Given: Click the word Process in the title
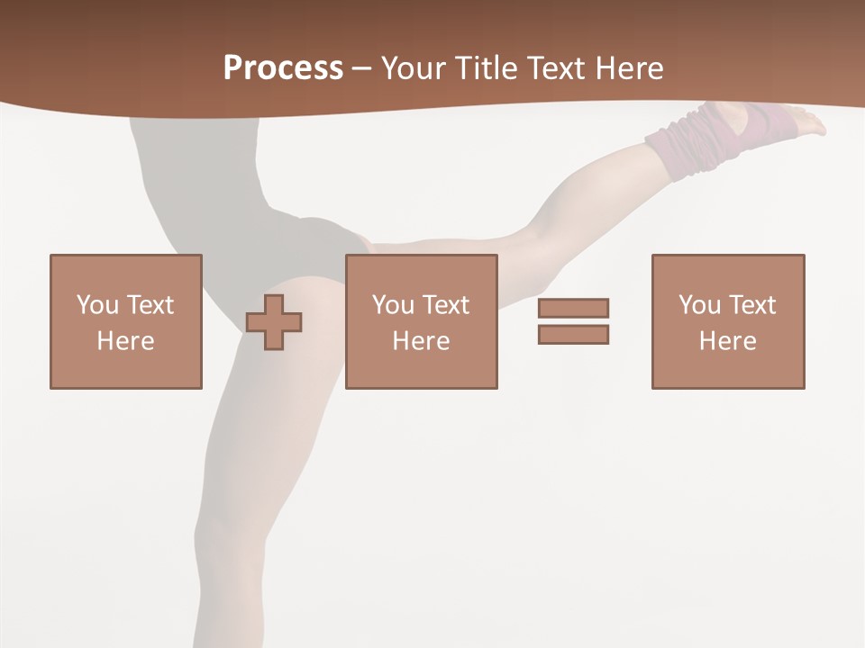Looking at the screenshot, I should (x=283, y=68).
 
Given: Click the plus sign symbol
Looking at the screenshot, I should (x=274, y=322).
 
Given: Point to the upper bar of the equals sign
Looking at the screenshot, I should (x=573, y=308).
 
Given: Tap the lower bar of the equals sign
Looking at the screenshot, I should (x=573, y=334).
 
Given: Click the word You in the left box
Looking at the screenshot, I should (x=97, y=305).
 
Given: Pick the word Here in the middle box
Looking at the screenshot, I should (x=421, y=341).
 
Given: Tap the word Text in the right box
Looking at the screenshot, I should (x=753, y=305).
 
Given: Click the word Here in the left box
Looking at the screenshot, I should (x=125, y=341).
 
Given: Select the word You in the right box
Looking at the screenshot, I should (x=699, y=305).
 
